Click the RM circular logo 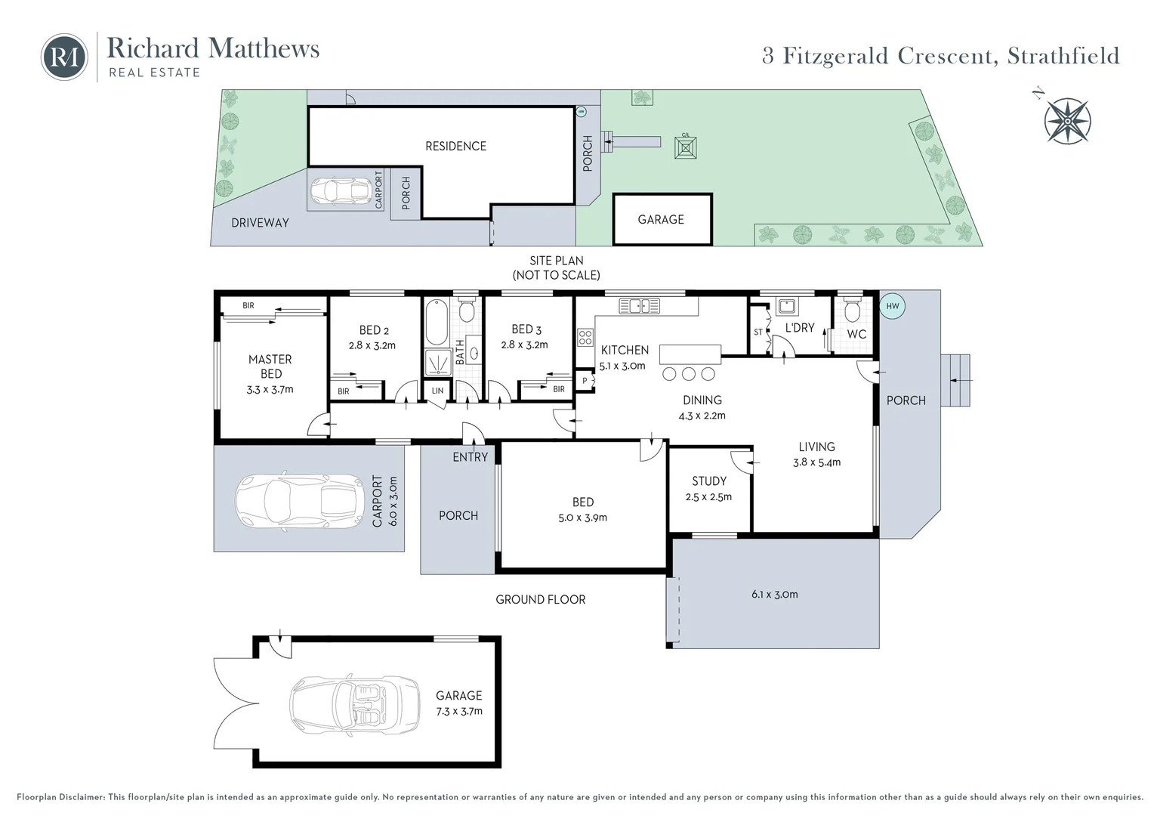tap(64, 57)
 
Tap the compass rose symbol tap(1067, 121)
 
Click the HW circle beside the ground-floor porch tap(892, 306)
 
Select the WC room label tap(856, 334)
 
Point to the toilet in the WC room tap(853, 308)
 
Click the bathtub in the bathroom tap(437, 322)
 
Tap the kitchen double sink tap(639, 306)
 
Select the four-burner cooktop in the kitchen tap(585, 338)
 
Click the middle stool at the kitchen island tap(689, 374)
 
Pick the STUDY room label tap(709, 481)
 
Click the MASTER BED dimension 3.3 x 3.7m tap(270, 390)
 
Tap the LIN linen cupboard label tap(437, 391)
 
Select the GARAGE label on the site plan tap(661, 220)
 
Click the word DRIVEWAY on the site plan tap(260, 223)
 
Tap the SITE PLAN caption tap(557, 261)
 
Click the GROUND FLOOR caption tap(541, 599)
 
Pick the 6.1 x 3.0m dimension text tap(774, 595)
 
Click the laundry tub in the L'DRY tap(787, 307)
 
